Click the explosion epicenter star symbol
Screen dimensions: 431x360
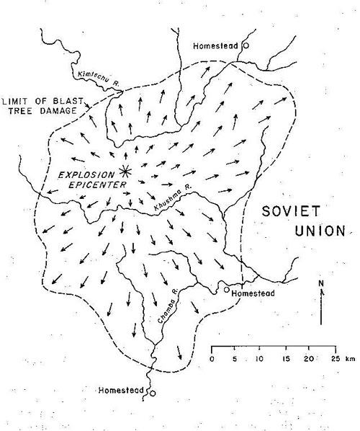(125, 170)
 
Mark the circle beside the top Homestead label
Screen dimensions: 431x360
(246, 45)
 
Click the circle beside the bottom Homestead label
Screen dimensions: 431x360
(152, 393)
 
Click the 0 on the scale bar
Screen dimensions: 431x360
(212, 358)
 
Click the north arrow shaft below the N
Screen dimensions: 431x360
(321, 306)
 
